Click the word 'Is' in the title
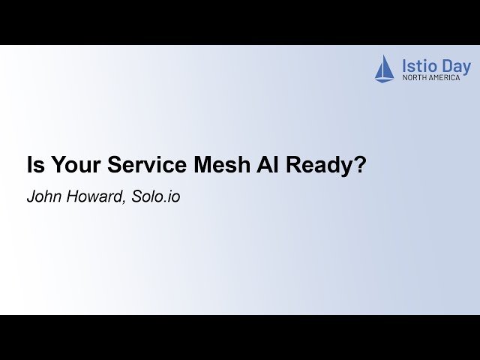[34, 166]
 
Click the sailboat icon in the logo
[384, 68]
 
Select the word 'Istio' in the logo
[418, 66]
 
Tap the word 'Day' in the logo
[457, 66]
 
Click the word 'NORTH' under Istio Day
[415, 77]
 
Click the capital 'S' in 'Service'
[114, 166]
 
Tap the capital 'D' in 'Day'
[448, 66]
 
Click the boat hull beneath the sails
[384, 79]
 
